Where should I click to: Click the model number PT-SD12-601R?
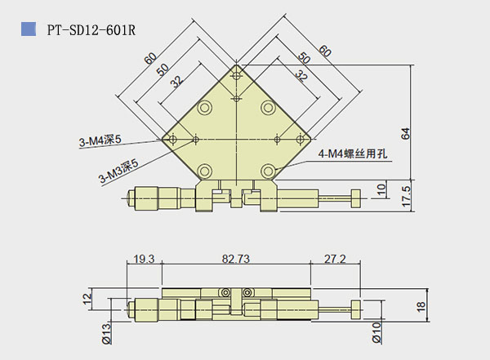click(x=91, y=29)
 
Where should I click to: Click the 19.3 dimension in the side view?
click(x=143, y=259)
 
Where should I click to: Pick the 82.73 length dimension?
click(x=234, y=259)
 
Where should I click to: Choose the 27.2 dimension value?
click(x=335, y=259)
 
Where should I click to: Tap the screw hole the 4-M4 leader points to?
click(x=268, y=170)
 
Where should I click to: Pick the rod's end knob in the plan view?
click(x=356, y=197)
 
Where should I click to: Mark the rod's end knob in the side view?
click(x=356, y=307)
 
